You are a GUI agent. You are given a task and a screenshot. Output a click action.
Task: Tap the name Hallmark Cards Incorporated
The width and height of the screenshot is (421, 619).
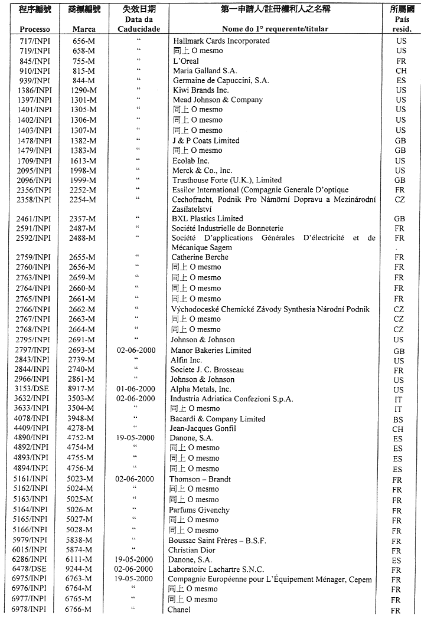[x=221, y=41]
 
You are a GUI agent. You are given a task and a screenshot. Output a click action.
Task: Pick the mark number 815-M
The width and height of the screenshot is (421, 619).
[x=83, y=71]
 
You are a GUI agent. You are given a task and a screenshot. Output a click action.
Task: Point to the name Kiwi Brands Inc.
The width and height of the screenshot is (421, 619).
[x=201, y=90]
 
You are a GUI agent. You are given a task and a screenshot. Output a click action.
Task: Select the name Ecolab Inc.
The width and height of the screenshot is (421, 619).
[x=191, y=161]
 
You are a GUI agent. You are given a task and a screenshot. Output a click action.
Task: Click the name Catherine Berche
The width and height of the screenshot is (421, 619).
[x=200, y=257]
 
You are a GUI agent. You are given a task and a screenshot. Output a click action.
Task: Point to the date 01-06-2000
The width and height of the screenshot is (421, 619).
[x=136, y=389]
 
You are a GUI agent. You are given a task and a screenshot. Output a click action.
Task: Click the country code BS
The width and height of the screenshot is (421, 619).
[x=399, y=420]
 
